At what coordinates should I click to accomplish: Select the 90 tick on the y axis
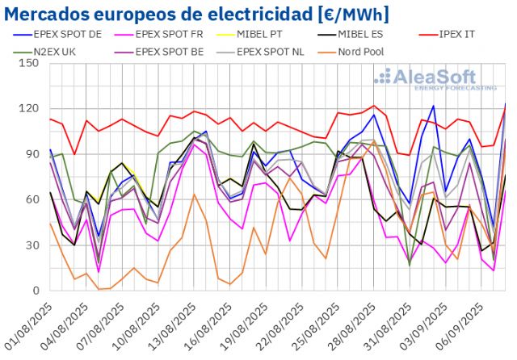(x=32, y=154)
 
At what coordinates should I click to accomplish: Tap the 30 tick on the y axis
(x=32, y=245)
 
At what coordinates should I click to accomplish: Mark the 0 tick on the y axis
(x=35, y=291)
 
